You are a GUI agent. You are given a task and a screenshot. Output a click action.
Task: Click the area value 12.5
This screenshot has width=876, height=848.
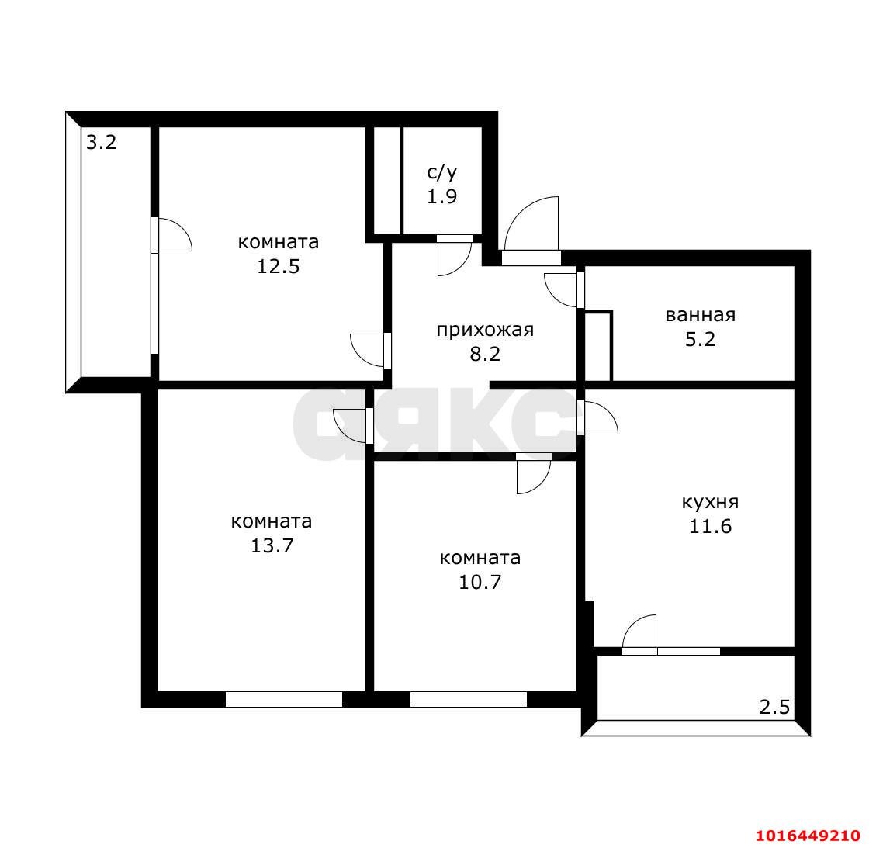pos(279,266)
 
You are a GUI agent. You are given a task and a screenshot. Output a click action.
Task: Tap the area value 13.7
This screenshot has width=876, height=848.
pos(272,545)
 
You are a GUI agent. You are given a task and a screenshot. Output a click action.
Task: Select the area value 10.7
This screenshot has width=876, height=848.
pos(480,582)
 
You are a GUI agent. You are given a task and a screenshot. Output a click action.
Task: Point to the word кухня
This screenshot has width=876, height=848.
pos(710,502)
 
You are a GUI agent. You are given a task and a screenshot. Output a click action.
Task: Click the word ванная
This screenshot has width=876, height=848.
pos(700,315)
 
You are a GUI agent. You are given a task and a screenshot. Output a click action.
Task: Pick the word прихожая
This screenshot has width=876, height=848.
pos(485,331)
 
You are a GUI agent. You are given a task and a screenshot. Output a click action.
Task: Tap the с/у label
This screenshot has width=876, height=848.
pos(442,172)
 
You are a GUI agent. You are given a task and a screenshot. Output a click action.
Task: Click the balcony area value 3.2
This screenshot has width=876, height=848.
pos(101,143)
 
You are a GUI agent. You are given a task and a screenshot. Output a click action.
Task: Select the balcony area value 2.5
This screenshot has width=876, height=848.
pos(775,708)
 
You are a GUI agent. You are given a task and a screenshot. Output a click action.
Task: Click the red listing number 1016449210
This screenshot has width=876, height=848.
pos(808,836)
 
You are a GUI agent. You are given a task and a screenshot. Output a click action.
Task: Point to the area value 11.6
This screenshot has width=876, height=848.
pos(710,526)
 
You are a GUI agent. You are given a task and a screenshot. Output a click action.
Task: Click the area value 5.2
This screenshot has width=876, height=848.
pos(700,339)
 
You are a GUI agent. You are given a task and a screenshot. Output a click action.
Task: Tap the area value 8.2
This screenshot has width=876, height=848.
pos(485,354)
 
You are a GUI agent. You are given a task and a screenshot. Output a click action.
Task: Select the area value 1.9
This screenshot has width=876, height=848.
pos(442,196)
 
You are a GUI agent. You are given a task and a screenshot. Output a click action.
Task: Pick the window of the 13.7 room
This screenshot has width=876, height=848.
pos(284,699)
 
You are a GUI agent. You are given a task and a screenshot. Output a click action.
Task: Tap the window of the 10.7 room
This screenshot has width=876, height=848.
pos(468,699)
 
